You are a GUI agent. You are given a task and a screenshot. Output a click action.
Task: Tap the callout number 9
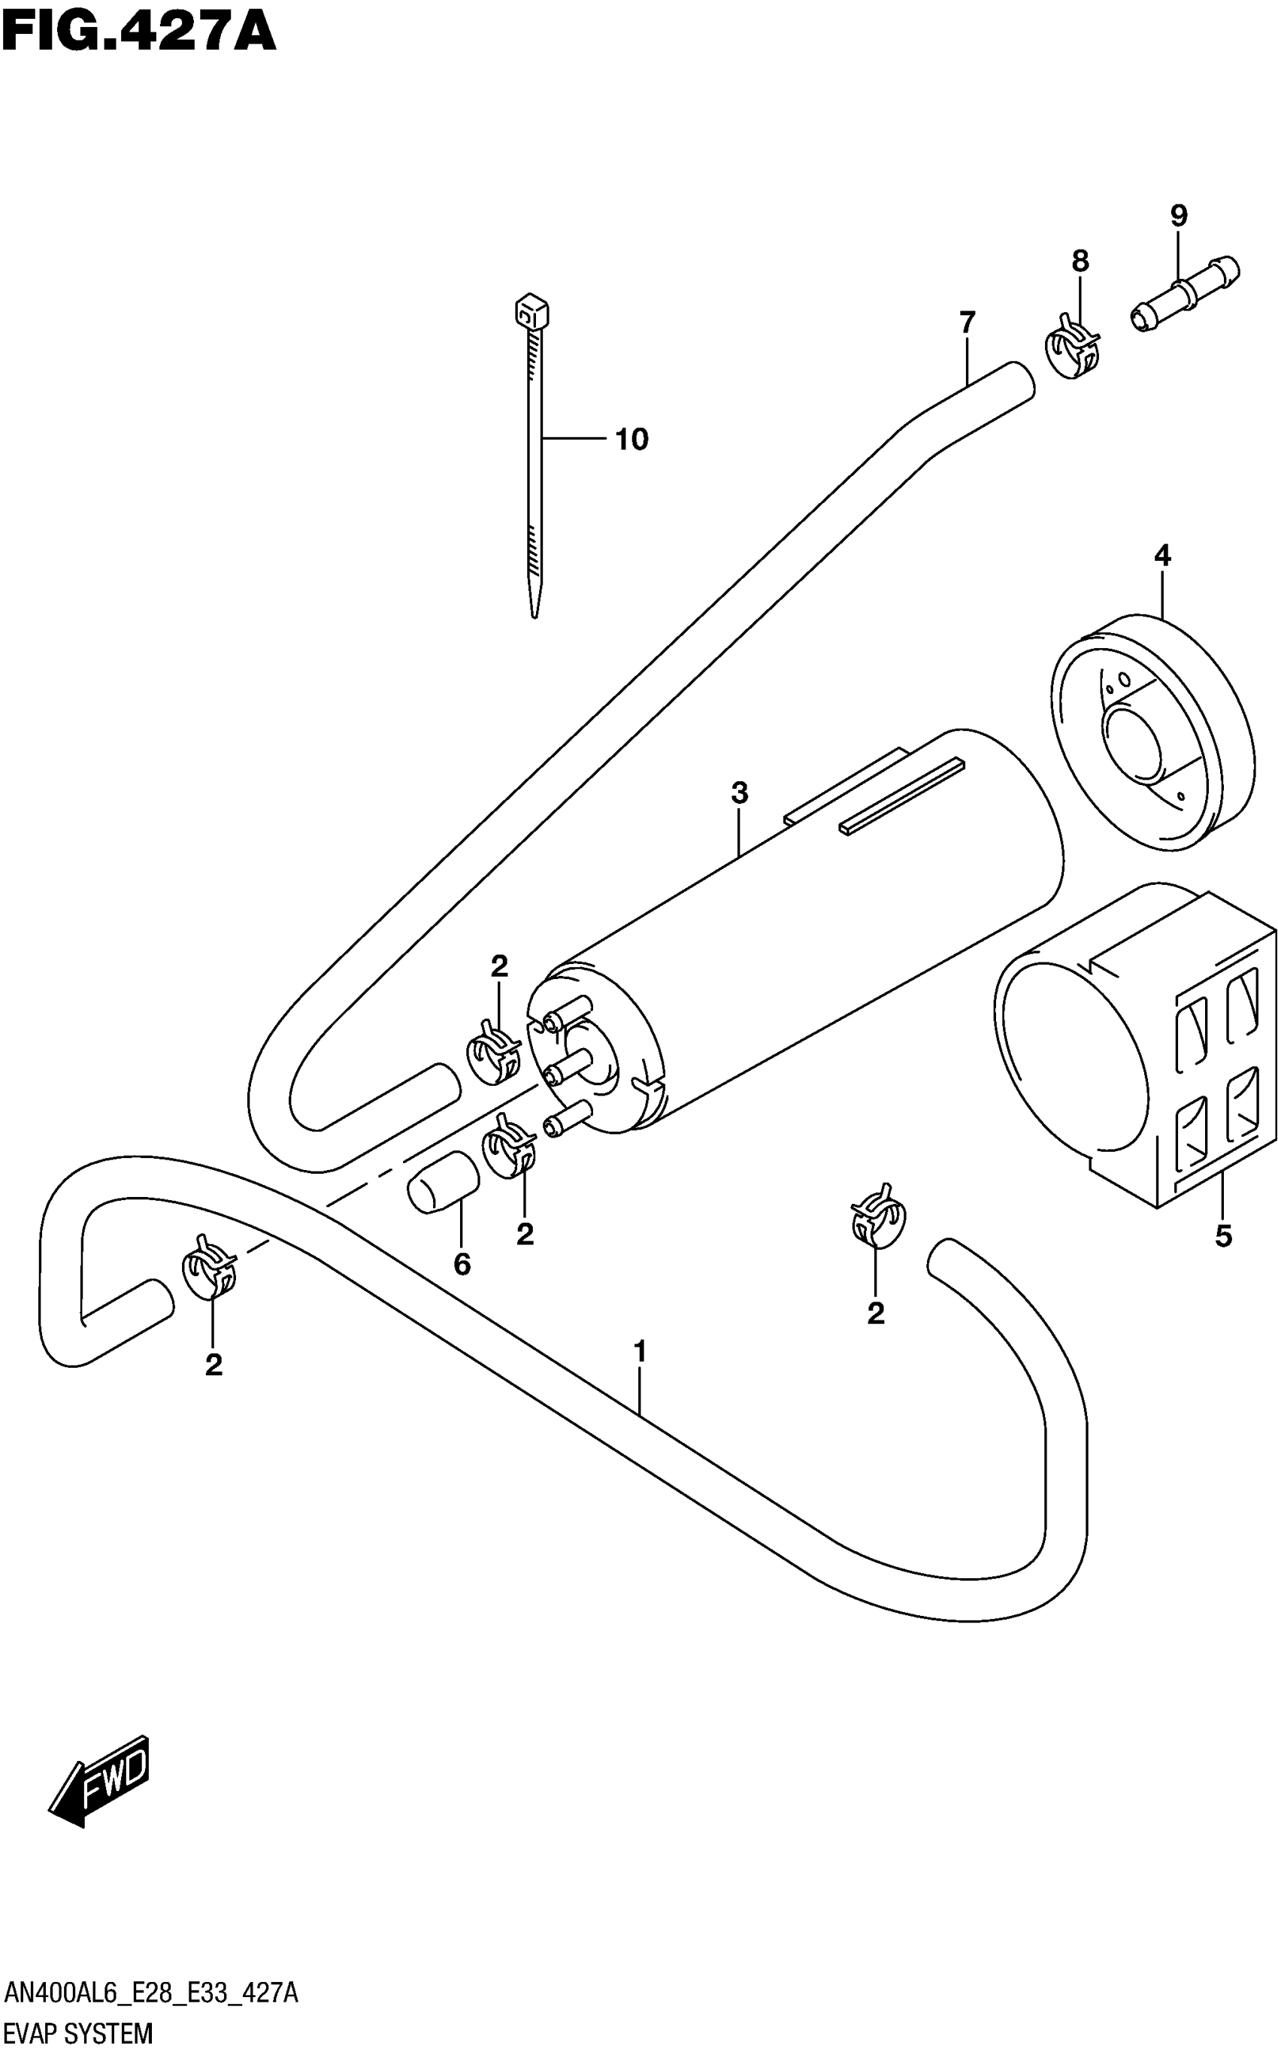click(x=1178, y=217)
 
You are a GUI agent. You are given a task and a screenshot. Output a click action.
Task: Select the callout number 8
click(x=1080, y=262)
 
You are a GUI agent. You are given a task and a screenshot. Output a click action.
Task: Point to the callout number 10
click(x=631, y=439)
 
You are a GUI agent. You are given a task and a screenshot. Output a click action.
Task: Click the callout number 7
click(x=967, y=323)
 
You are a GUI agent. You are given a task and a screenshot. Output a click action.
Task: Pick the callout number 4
click(x=1162, y=556)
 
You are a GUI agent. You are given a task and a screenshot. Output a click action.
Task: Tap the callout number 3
click(x=740, y=793)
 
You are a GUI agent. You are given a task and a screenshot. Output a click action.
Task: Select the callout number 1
click(x=640, y=1352)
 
